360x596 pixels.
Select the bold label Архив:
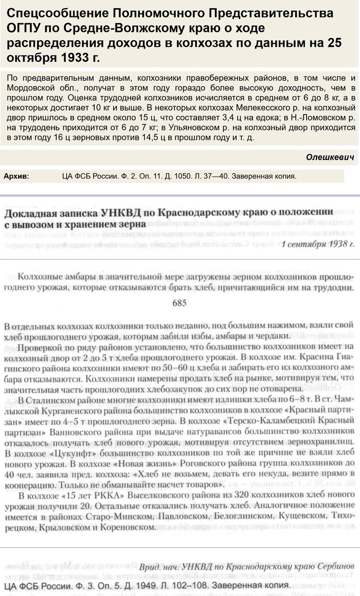click(x=16, y=176)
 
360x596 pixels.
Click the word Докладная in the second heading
click(x=30, y=212)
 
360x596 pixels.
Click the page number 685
click(x=179, y=303)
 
